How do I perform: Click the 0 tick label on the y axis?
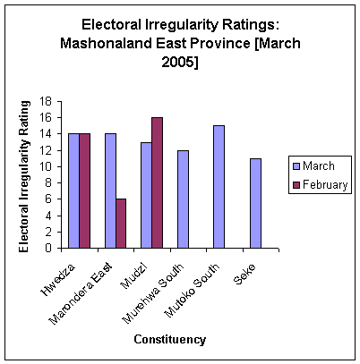pos(57,249)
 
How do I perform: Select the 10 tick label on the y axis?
pos(55,166)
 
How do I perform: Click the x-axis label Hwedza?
pos(65,272)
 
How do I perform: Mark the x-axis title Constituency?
pos(169,339)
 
